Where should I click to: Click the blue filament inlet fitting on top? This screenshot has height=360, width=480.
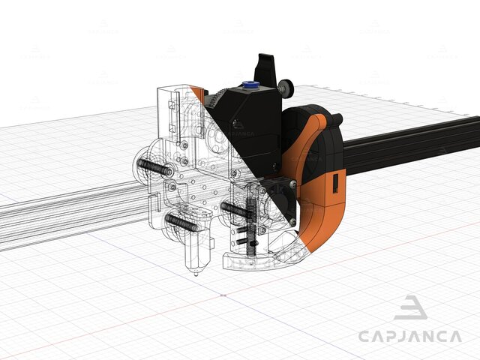click(x=247, y=85)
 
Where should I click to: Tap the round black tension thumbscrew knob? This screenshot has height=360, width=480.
click(x=286, y=88)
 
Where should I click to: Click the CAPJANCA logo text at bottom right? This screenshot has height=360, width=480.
click(x=409, y=337)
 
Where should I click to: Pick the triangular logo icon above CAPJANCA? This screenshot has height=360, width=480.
click(x=410, y=308)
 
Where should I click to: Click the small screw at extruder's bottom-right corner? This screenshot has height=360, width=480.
click(x=276, y=166)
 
